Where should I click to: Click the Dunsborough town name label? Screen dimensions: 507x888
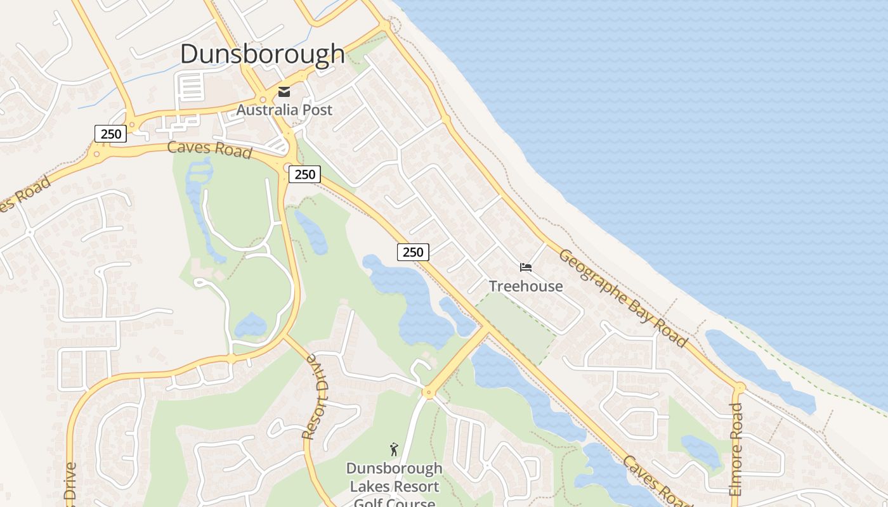pos(262,54)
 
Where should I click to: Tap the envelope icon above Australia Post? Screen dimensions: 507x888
pos(284,92)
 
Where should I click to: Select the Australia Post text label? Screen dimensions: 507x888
pos(284,110)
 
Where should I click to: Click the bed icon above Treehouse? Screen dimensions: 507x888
pos(526,267)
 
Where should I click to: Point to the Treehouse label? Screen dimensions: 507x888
pos(526,286)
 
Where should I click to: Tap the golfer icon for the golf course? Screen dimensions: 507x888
pos(394,449)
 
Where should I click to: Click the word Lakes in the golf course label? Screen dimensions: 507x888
pos(369,487)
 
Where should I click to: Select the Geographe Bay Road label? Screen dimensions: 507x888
pos(623,298)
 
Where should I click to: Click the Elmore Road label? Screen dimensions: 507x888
pos(736,450)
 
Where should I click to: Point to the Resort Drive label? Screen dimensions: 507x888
pos(315,397)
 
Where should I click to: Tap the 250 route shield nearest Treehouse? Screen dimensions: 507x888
pos(413,252)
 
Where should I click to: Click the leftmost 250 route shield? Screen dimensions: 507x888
pos(111,134)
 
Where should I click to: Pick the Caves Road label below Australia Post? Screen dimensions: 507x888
pos(209,150)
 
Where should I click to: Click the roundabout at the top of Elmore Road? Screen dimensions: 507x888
pos(739,387)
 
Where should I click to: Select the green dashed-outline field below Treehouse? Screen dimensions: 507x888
pos(517,326)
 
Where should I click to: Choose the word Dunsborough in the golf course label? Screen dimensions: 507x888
pos(394,469)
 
